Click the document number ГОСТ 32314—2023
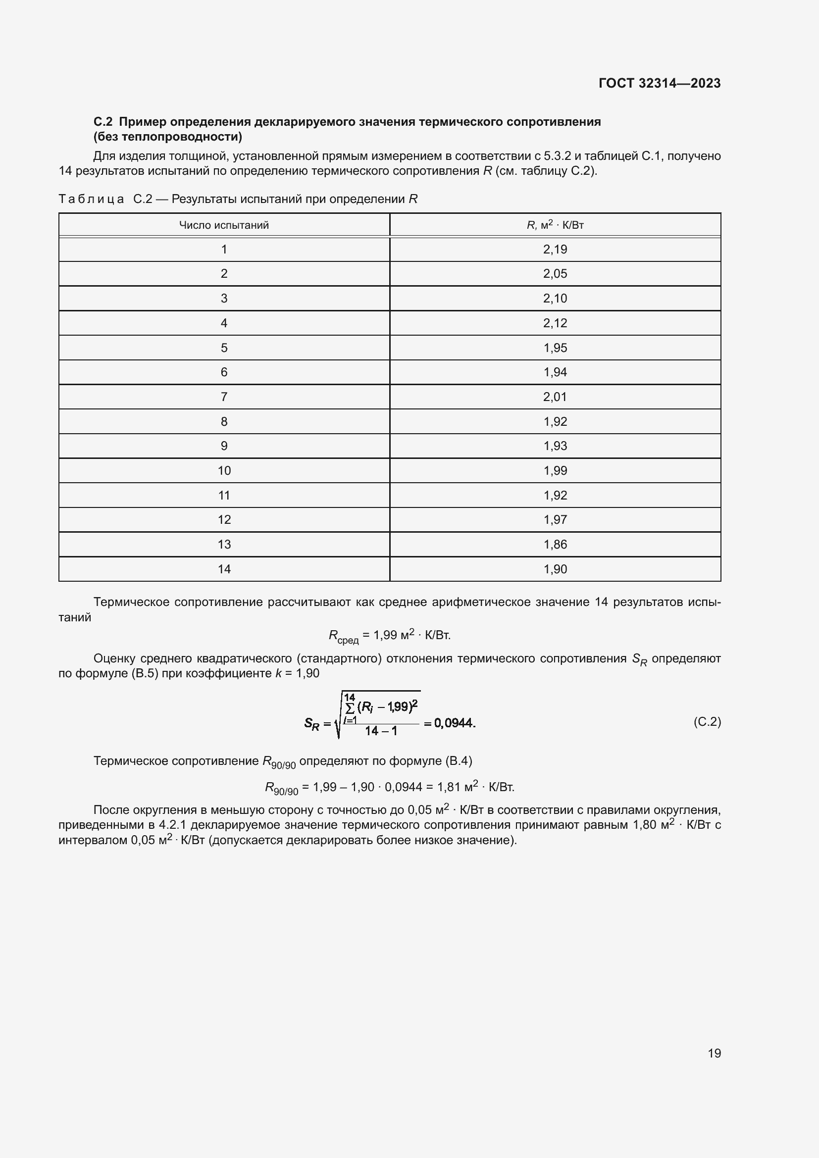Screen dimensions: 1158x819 660,83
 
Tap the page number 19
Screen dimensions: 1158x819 714,1053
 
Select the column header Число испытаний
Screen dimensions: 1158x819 224,225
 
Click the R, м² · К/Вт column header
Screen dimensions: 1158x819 555,225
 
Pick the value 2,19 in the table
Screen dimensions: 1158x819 555,249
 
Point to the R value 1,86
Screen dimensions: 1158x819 555,544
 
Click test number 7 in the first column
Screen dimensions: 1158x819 224,397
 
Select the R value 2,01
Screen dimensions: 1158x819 555,397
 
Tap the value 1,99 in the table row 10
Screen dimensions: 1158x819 555,470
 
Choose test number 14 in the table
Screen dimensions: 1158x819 224,569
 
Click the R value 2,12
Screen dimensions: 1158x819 555,323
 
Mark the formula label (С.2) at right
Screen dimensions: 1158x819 707,722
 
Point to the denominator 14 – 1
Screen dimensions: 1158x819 381,731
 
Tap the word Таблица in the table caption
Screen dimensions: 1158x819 91,199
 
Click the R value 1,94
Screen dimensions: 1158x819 555,372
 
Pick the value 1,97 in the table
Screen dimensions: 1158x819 555,519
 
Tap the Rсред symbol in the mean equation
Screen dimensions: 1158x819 343,637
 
